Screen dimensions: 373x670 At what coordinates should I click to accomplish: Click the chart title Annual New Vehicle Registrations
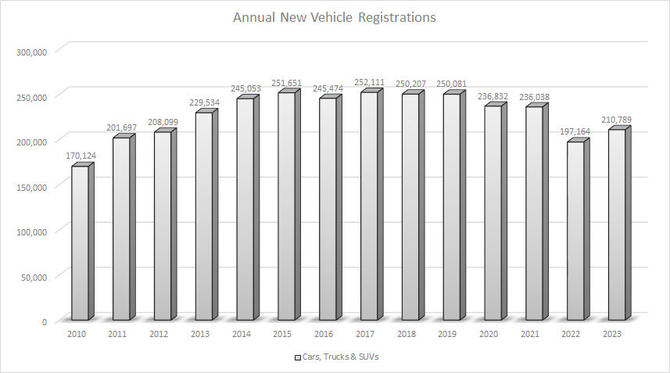(x=335, y=16)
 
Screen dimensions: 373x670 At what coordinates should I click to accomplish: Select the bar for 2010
(x=80, y=242)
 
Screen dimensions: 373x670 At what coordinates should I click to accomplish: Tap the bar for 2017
(x=369, y=207)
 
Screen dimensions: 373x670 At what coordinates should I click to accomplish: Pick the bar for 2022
(x=575, y=231)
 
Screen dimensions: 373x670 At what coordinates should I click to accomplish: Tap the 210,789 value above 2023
(x=615, y=120)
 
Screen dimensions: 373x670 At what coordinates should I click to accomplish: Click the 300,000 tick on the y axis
(x=32, y=52)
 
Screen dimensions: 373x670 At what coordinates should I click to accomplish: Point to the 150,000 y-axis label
(x=32, y=186)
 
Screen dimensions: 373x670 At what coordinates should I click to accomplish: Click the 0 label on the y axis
(x=45, y=321)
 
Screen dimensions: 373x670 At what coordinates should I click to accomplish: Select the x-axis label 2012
(x=159, y=334)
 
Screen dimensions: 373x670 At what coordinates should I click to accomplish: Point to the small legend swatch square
(x=298, y=357)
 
